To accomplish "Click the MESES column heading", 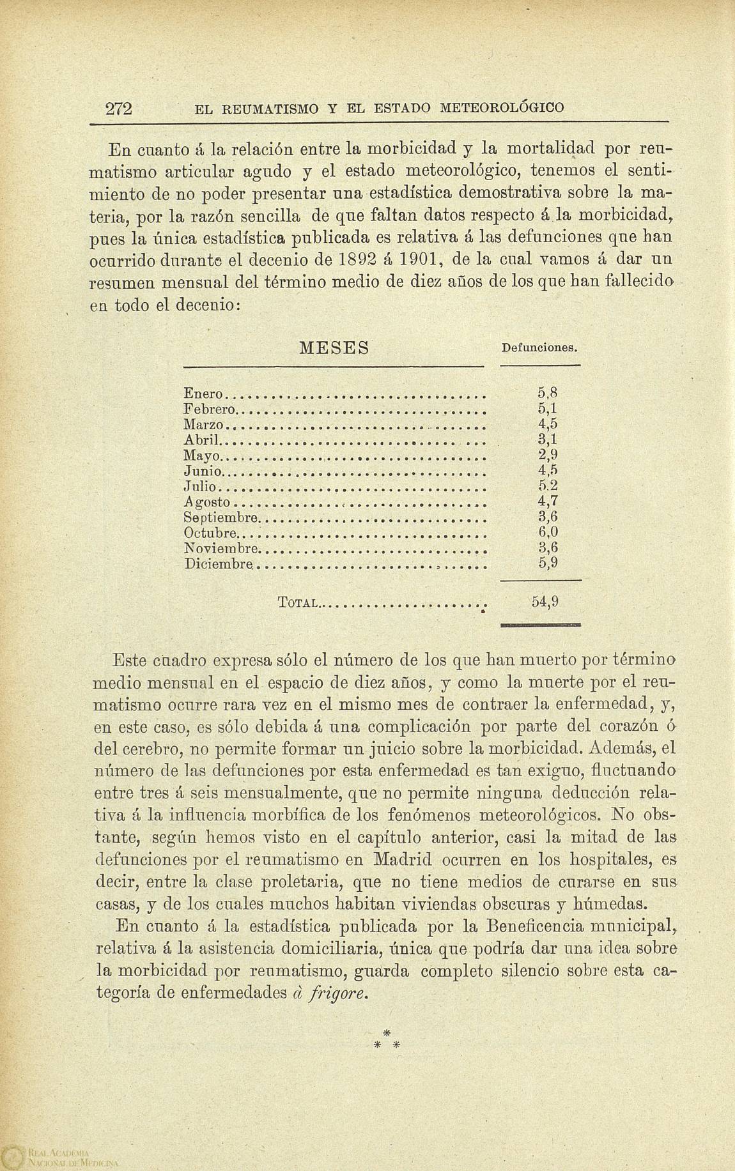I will (x=334, y=349).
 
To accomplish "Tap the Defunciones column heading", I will (x=539, y=349).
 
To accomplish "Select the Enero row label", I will (x=203, y=394).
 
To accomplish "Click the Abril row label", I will (x=200, y=440).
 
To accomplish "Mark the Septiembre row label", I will (x=220, y=517).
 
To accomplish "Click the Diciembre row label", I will (x=218, y=564).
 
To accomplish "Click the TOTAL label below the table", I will (x=298, y=602).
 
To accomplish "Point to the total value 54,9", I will (x=545, y=601).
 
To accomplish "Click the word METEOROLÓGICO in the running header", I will (x=502, y=108).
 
